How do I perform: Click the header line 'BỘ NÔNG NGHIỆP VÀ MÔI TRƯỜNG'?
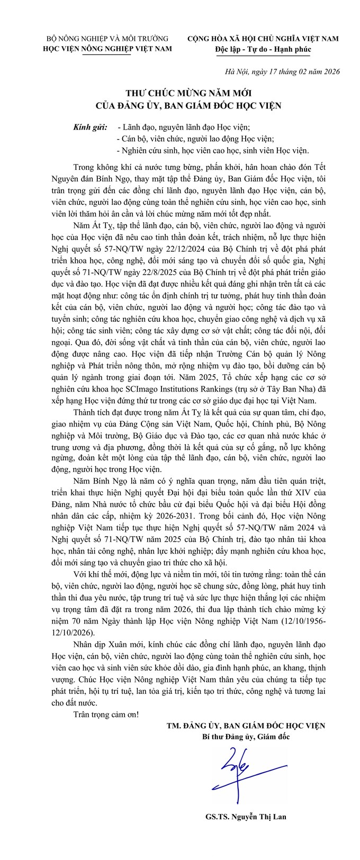coord(107,39)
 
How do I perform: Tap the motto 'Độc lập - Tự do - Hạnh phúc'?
coord(263,49)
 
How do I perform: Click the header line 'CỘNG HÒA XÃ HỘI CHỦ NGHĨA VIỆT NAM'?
coord(263,39)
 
